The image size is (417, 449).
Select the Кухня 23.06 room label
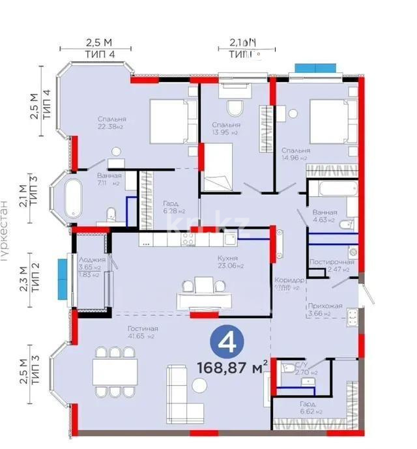click(231, 261)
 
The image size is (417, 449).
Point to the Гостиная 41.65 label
click(143, 332)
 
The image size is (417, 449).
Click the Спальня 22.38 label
click(112, 123)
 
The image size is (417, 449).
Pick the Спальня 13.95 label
click(226, 128)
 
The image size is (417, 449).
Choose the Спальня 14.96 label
click(296, 153)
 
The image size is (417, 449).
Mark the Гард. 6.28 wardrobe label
click(174, 207)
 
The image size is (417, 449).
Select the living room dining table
click(115, 372)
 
